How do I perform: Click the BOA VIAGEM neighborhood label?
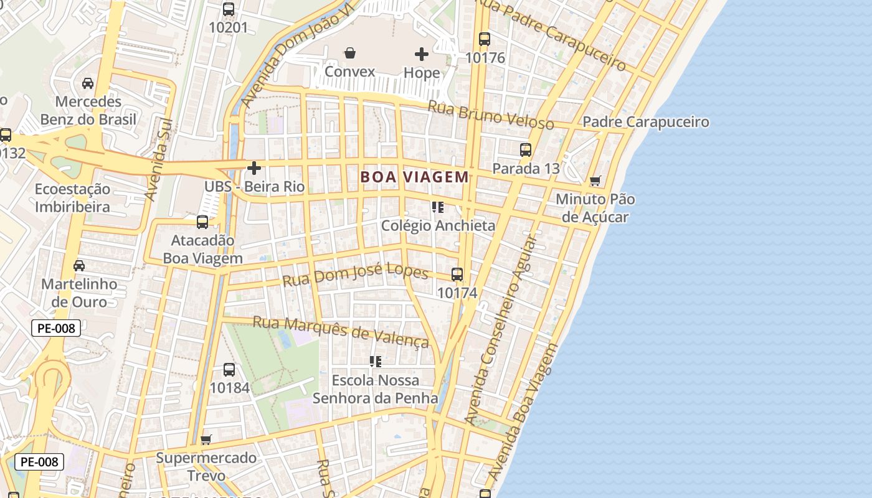414,177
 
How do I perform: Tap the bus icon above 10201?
229,9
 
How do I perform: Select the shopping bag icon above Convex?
350,53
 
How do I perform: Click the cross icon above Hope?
422,54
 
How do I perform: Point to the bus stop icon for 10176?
485,39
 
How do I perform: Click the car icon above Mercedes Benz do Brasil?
88,83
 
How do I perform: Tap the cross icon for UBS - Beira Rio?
254,168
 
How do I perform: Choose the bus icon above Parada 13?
526,150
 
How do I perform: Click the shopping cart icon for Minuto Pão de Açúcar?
595,181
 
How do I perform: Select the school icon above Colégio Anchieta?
438,207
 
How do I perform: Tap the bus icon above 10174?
457,275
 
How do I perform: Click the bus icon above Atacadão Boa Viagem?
202,222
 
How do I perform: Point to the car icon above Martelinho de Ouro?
79,266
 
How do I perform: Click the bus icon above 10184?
229,370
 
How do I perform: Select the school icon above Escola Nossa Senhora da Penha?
375,362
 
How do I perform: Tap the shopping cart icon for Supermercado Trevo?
206,439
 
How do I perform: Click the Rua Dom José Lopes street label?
355,275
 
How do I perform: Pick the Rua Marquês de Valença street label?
341,332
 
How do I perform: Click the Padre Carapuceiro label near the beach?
646,122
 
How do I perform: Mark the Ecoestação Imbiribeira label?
72,198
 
